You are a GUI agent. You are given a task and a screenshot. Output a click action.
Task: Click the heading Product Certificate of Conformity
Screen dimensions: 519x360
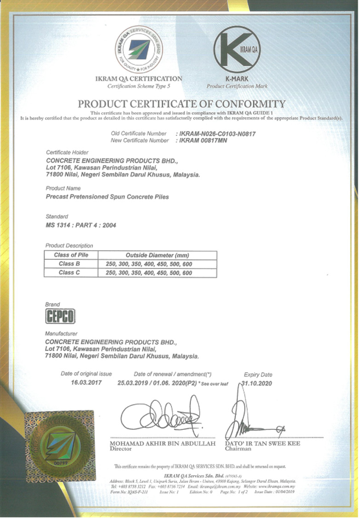click(181, 104)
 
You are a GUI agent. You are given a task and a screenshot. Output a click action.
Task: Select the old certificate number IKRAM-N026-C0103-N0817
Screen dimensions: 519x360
click(216, 134)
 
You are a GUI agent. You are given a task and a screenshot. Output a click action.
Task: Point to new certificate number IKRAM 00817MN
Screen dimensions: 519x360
click(203, 140)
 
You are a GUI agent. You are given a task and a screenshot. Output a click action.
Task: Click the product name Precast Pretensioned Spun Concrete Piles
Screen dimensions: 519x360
click(108, 197)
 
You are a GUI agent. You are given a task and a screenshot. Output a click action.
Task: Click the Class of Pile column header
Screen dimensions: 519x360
click(71, 255)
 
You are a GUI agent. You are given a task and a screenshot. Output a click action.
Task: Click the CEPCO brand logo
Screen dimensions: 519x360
click(60, 316)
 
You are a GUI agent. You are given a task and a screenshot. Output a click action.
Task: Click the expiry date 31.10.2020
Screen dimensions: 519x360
click(258, 383)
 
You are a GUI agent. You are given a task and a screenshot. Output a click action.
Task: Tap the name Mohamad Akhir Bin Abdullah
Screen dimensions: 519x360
click(163, 444)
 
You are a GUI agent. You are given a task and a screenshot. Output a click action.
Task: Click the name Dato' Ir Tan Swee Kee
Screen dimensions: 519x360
click(263, 444)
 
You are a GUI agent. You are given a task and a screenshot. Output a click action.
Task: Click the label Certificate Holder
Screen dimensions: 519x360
click(67, 152)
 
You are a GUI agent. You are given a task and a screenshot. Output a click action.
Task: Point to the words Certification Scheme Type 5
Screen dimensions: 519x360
click(138, 86)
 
